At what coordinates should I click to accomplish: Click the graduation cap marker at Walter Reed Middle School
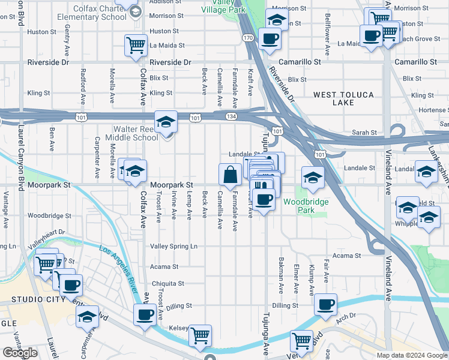pos(166,122)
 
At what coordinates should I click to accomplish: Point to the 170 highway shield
pos(248,38)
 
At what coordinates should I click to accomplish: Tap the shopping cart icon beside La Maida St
pos(136,46)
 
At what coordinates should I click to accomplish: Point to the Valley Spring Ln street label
pos(173,247)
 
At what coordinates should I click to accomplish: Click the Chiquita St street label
pos(167,283)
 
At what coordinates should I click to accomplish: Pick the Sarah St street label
pos(365,133)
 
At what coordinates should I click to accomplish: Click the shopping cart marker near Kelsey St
pos(200,336)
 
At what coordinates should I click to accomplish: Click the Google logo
pos(20,353)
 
